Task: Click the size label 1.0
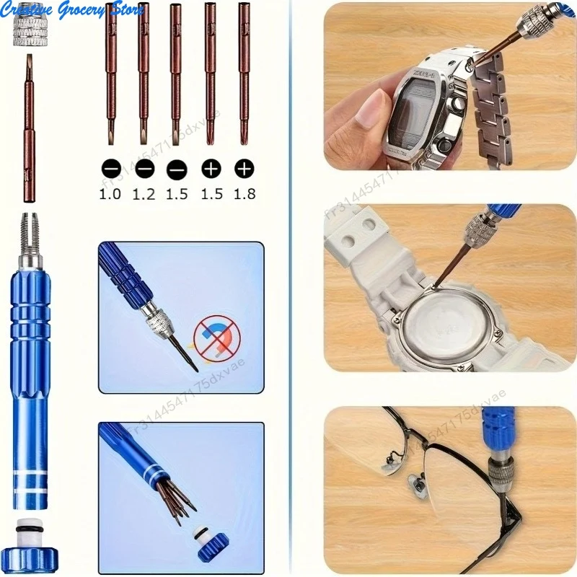[110, 193]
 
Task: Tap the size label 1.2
[144, 193]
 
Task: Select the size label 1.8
[245, 193]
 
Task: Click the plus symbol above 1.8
[245, 169]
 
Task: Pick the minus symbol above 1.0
[110, 169]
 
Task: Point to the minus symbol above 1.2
[144, 169]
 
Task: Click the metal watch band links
[498, 108]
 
